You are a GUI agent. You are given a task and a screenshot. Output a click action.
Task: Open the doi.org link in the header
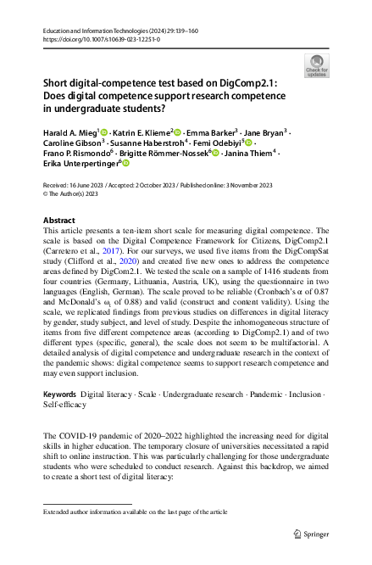[x=94, y=39]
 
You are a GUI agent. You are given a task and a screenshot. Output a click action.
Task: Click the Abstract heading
[x=58, y=220]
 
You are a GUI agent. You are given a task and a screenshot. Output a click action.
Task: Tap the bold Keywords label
[x=60, y=395]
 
